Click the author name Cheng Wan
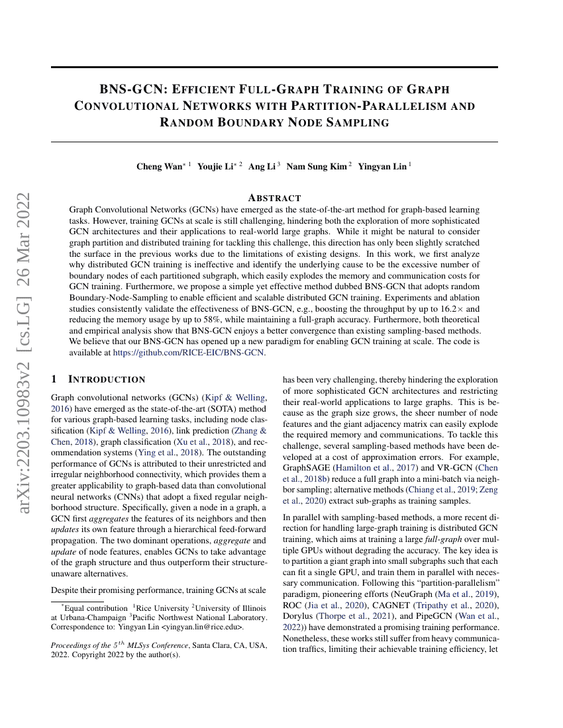pos(159,166)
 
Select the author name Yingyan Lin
pos(382,166)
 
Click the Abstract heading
pos(274,198)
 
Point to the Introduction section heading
pos(106,379)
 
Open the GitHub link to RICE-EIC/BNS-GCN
pos(189,352)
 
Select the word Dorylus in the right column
pos(299,615)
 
